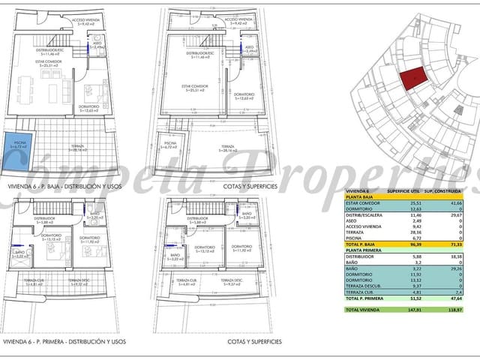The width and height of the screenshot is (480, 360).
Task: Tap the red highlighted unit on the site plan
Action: [x=411, y=77]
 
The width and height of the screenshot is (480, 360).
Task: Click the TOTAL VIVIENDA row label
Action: [x=363, y=309]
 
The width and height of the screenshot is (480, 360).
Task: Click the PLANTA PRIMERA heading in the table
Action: [x=363, y=250]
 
